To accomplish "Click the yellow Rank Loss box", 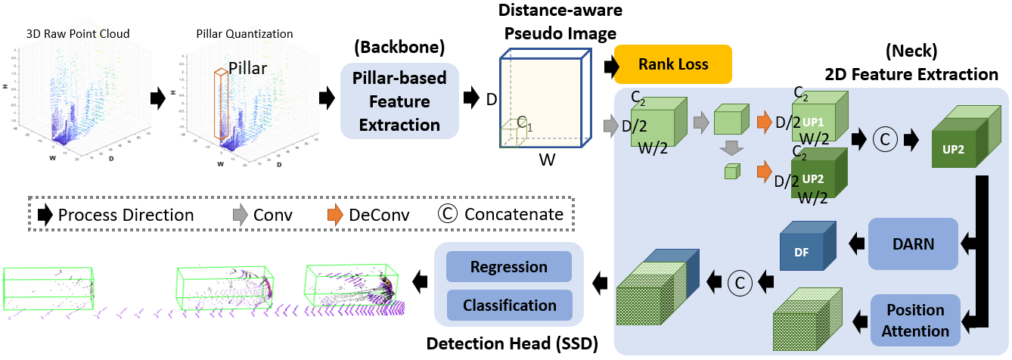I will pos(672,64).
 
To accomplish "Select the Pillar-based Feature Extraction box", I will pos(400,101).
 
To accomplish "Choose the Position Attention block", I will pos(915,321).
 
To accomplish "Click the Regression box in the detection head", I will pos(508,267).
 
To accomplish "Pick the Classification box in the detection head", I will pos(508,305).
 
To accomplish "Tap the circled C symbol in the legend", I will pos(448,215).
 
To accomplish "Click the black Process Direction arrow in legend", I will pos(45,215).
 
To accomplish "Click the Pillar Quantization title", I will pos(234,34).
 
